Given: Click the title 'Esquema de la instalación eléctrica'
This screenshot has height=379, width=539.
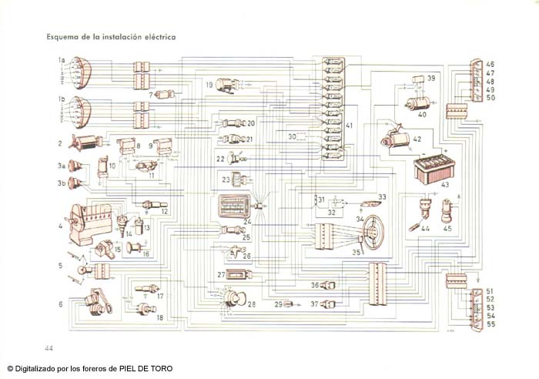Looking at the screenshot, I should coord(111,36).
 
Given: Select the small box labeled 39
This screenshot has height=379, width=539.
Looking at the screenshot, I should coord(419,79).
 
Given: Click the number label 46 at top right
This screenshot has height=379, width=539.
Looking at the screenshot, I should coord(490,64).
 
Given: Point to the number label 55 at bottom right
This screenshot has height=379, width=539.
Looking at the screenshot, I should coord(490,325).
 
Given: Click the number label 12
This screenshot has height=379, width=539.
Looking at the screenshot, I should coord(163,211).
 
